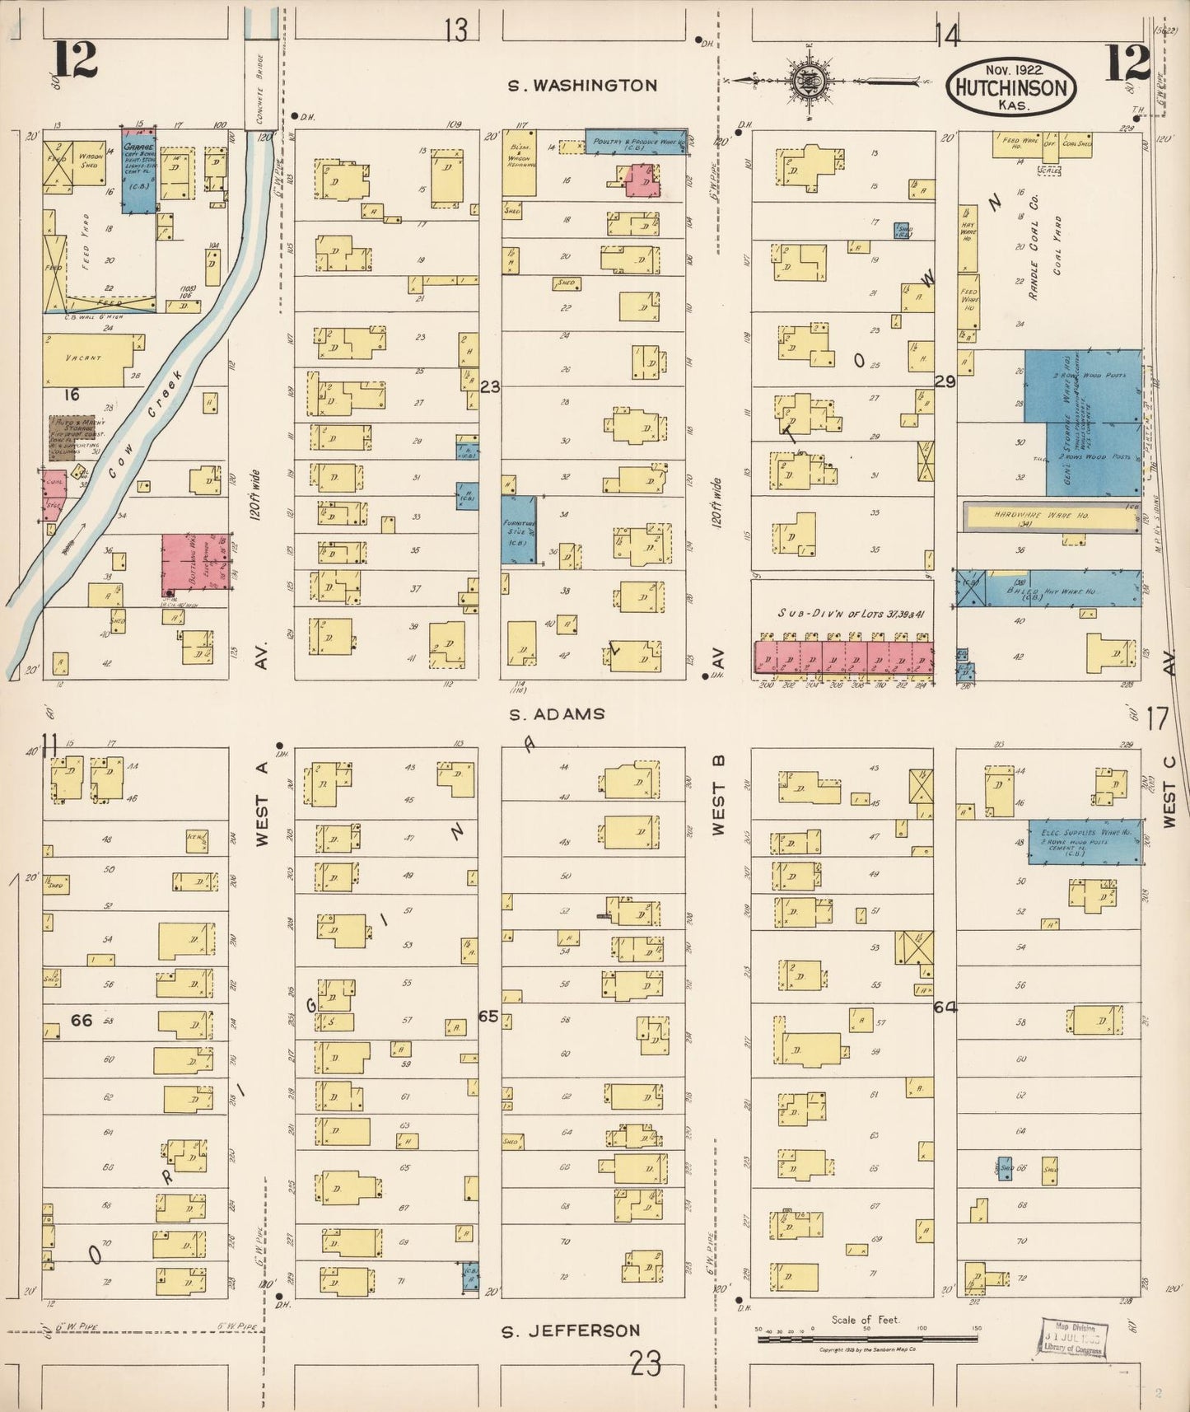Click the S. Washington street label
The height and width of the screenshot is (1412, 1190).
pyautogui.click(x=582, y=86)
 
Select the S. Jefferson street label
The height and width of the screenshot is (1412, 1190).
pyautogui.click(x=571, y=1330)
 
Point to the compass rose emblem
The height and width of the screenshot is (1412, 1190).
pyautogui.click(x=804, y=81)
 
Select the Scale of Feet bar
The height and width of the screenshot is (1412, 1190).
pyautogui.click(x=866, y=1339)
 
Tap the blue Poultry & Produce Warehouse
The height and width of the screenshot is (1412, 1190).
pyautogui.click(x=635, y=142)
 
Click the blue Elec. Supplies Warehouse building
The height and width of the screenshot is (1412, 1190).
pyautogui.click(x=1085, y=842)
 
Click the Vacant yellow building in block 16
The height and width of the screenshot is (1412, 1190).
pyautogui.click(x=87, y=358)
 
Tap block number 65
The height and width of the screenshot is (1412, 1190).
pyautogui.click(x=489, y=1016)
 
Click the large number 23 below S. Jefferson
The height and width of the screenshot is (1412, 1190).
pyautogui.click(x=646, y=1366)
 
